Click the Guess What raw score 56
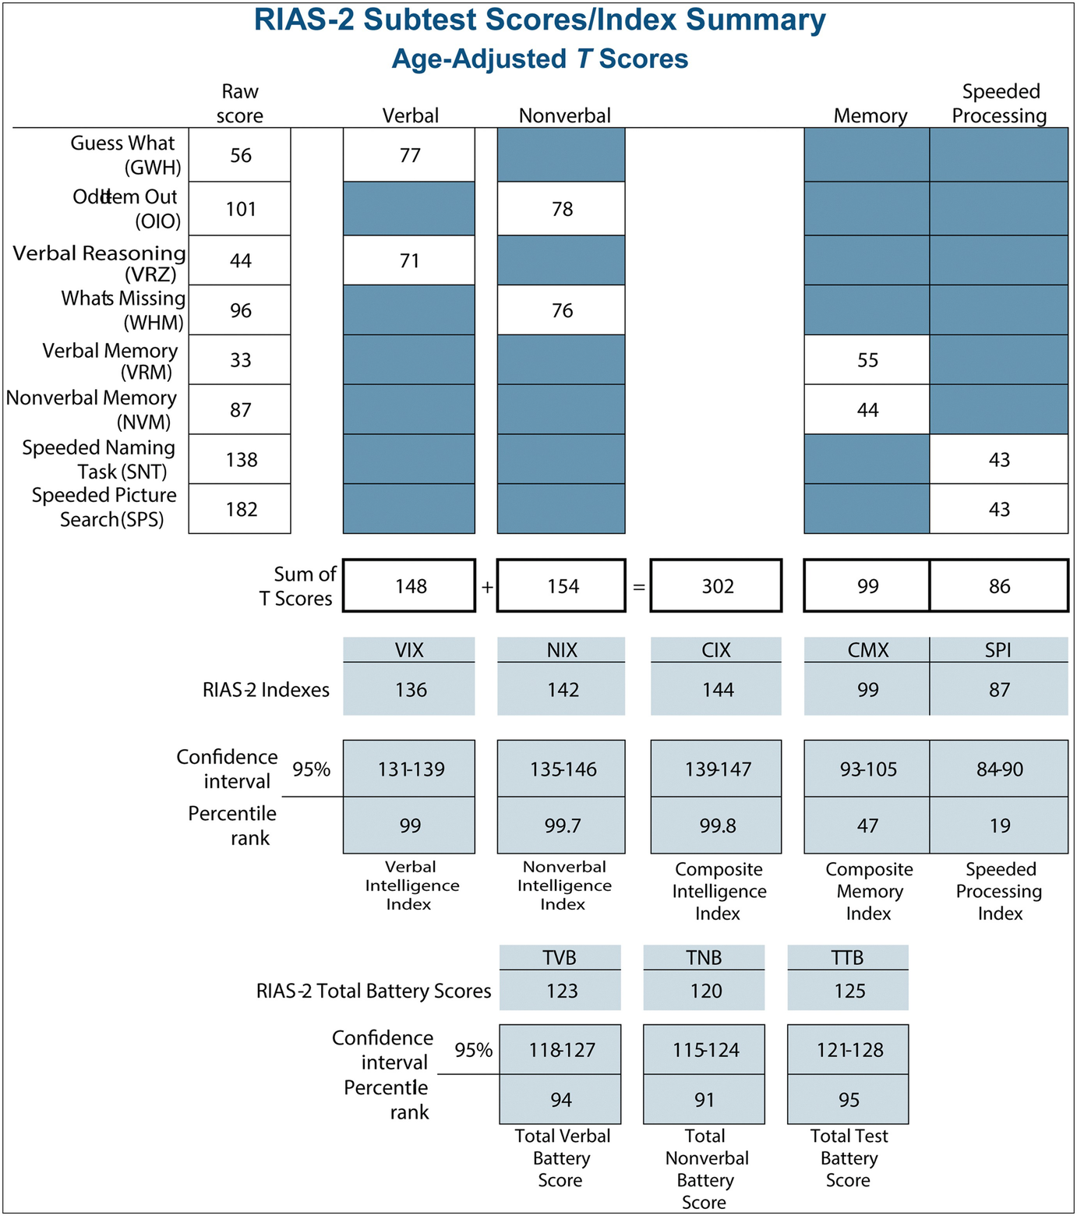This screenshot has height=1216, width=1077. [x=241, y=156]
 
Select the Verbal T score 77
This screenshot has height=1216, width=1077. [x=410, y=156]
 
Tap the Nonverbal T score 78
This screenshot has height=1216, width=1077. [x=562, y=209]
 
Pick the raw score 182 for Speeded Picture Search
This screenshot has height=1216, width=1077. [x=241, y=509]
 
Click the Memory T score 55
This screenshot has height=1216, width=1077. [x=867, y=360]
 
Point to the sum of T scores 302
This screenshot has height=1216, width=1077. [x=717, y=586]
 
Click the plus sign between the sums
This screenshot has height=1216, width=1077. [x=487, y=587]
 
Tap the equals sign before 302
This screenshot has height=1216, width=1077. [x=638, y=587]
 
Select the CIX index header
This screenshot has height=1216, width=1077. [x=716, y=650]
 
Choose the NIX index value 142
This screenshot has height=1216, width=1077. [x=562, y=690]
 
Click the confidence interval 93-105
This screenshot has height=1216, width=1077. [x=867, y=769]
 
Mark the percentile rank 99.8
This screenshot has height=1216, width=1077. [x=717, y=825]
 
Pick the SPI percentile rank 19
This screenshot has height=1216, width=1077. [x=999, y=825]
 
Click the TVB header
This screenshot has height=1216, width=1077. [x=560, y=957]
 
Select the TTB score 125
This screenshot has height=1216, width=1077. [x=849, y=991]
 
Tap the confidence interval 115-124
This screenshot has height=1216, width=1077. [x=704, y=1050]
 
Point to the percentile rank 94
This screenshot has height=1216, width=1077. [x=560, y=1100]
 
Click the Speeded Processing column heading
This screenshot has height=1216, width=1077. [x=1000, y=104]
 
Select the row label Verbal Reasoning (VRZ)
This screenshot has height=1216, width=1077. [x=100, y=263]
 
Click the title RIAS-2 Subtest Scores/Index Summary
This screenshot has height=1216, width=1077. [x=539, y=20]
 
